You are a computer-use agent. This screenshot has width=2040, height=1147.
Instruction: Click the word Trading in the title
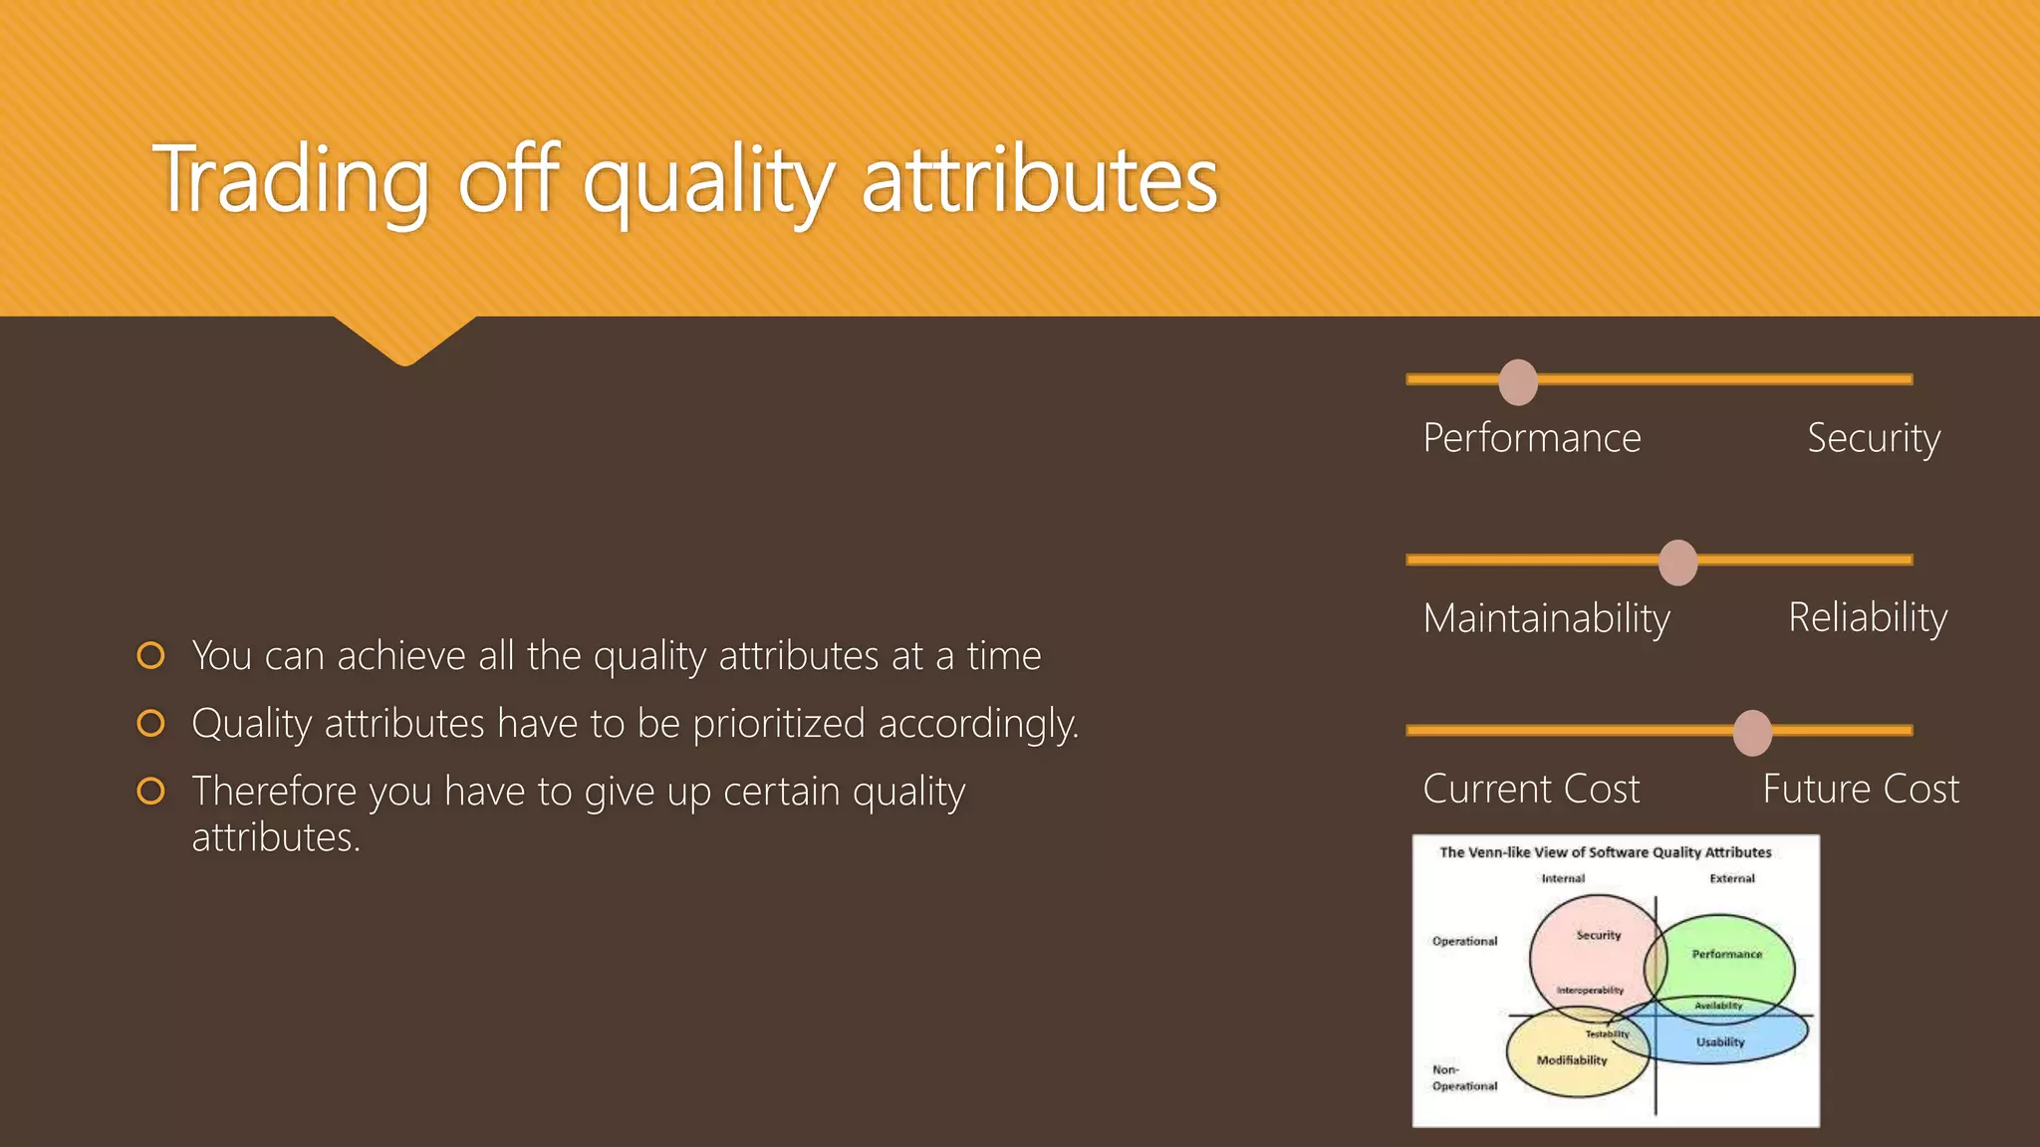pos(291,179)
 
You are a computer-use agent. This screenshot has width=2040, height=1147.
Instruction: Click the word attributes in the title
pos(1039,179)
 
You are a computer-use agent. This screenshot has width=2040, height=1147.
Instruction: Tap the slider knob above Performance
pos(1518,382)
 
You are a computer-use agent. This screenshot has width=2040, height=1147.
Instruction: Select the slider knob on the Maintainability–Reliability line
pos(1678,563)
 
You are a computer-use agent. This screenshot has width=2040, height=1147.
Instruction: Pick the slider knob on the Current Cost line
pos(1752,733)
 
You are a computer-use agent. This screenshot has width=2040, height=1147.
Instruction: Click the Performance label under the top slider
pos(1531,438)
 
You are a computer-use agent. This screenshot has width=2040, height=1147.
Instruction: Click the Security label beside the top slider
pos(1873,438)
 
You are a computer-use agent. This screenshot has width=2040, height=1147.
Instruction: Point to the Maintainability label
pos(1546,618)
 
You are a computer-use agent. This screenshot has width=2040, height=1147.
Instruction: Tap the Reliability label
pos(1868,617)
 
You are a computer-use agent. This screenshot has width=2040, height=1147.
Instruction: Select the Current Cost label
pos(1531,789)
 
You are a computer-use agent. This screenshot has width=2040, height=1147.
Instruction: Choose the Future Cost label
pos(1860,789)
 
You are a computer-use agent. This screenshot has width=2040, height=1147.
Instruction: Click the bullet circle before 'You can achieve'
pos(150,655)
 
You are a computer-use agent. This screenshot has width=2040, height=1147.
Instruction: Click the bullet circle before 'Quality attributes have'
pos(150,723)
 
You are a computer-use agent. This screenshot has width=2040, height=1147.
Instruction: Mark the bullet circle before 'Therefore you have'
pos(150,791)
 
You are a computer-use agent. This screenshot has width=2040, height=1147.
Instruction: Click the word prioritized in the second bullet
pos(778,724)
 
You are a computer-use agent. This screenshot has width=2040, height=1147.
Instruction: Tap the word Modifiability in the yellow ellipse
pos(1572,1060)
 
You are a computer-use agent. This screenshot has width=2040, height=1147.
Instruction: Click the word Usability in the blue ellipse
pos(1720,1042)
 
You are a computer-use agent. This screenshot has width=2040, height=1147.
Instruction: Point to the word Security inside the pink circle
pos(1598,935)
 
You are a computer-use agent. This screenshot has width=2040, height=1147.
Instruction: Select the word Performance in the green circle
pos(1726,954)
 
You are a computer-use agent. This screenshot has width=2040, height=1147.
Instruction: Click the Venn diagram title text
pos(1605,852)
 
